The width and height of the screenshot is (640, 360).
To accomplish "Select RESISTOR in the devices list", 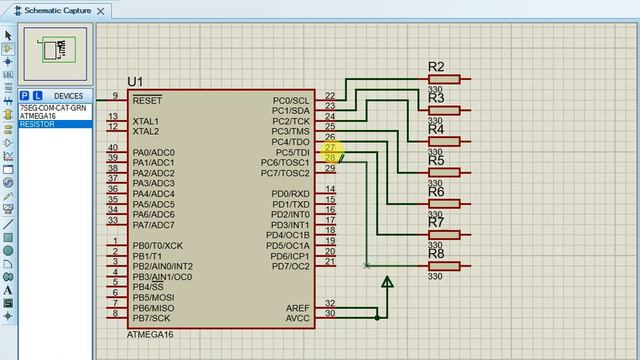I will tap(37, 124).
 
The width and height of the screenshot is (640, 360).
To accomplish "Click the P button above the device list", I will tap(24, 96).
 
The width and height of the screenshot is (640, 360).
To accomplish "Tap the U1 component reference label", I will tap(135, 81).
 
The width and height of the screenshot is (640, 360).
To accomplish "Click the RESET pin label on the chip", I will tap(147, 100).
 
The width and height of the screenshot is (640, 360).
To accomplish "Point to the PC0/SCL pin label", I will tap(292, 101).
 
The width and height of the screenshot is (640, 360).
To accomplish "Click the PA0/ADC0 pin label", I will tap(153, 152).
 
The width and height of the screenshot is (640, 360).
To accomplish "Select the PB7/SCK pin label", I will tap(151, 318).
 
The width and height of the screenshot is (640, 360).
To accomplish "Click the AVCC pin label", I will tap(298, 318).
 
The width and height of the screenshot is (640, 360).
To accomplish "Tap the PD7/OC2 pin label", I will tap(288, 266).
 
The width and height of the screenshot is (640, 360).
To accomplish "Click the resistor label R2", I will tap(436, 68).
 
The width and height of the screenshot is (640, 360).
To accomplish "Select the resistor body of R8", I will tap(444, 266).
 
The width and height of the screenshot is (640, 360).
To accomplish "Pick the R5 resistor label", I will tap(436, 161).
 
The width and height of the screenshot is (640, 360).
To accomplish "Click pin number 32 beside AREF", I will tap(330, 303).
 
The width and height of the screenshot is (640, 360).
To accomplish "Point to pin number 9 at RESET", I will tap(115, 96).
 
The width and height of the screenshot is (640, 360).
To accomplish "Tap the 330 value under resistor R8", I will tap(435, 277).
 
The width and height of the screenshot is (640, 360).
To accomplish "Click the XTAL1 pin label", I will tap(146, 121).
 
